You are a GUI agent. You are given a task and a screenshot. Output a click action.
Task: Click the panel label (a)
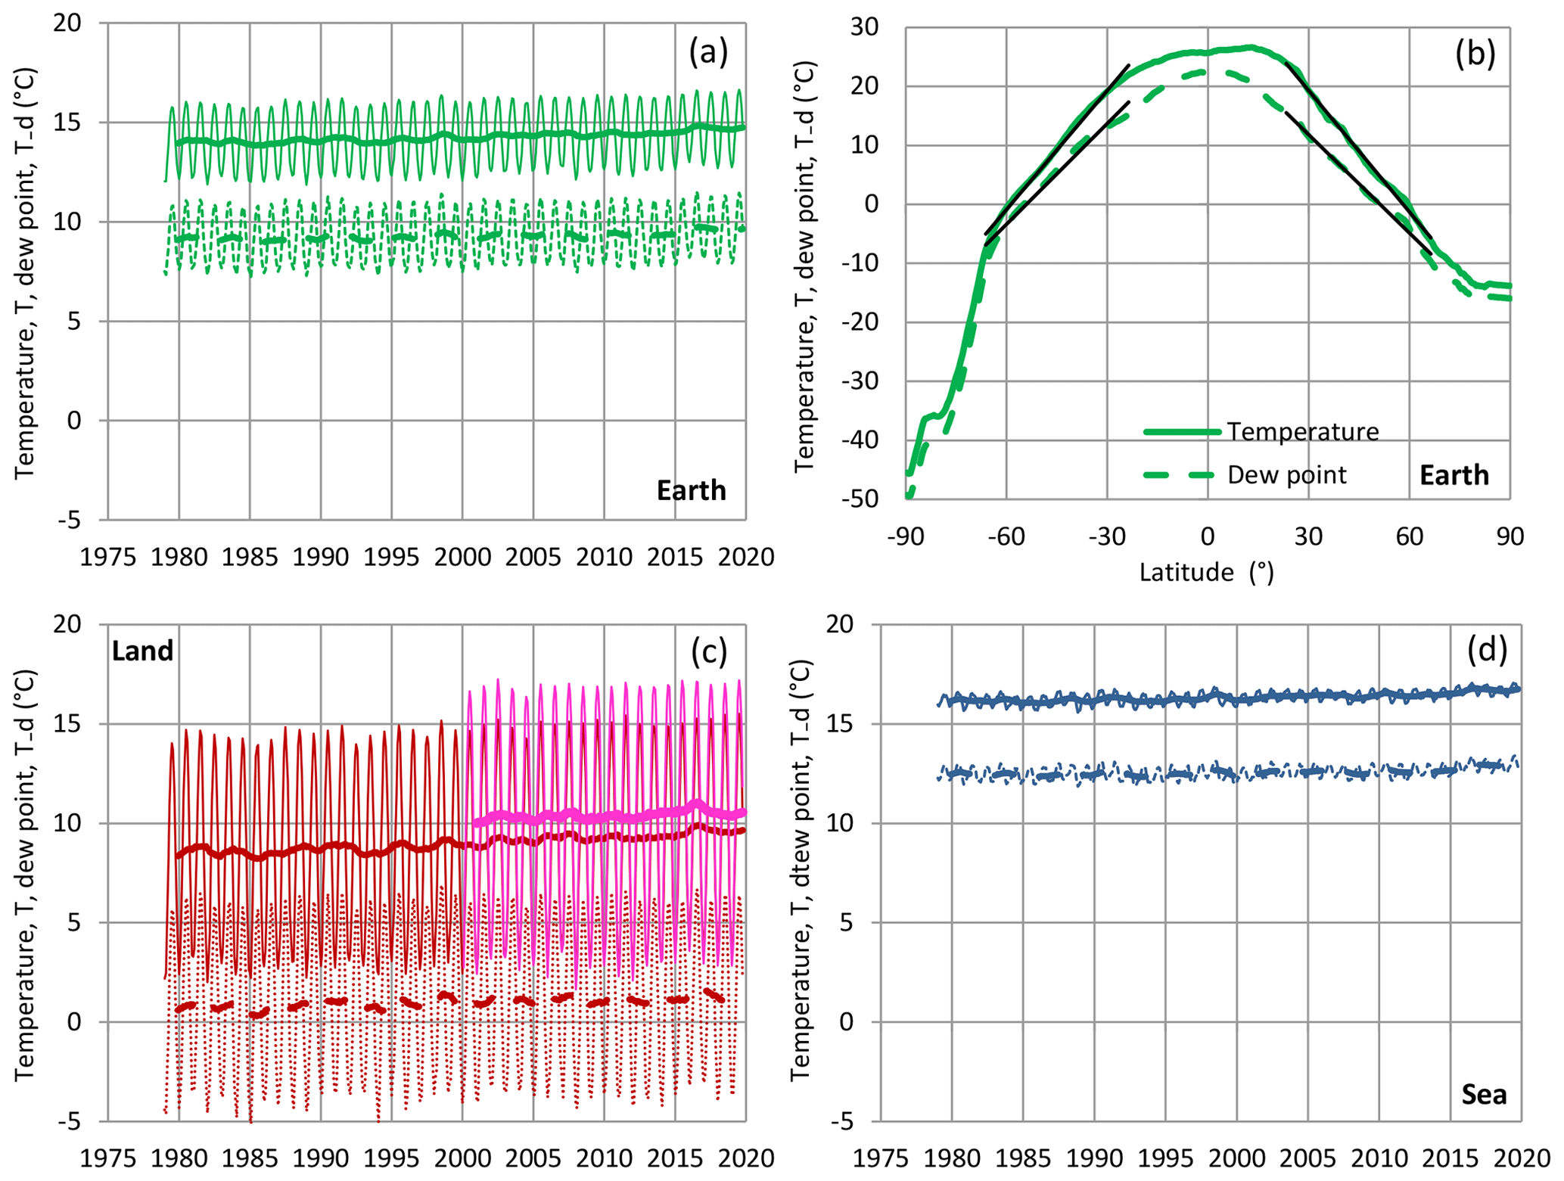(x=708, y=52)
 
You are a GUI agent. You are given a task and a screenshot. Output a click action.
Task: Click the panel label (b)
(x=1475, y=54)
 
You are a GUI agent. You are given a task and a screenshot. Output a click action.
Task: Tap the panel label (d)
(x=1487, y=650)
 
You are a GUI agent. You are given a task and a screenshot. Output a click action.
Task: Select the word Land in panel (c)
(x=143, y=651)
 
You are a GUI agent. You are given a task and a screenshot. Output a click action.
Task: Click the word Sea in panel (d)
(x=1484, y=1094)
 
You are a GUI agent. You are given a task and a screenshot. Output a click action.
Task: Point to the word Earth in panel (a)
(x=691, y=490)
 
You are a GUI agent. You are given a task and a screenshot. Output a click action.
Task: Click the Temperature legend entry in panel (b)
(x=1302, y=431)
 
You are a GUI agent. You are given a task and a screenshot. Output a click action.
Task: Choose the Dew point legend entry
(x=1286, y=474)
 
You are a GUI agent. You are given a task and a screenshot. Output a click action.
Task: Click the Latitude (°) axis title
(x=1207, y=572)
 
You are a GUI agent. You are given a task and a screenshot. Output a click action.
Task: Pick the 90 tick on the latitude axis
(x=1510, y=536)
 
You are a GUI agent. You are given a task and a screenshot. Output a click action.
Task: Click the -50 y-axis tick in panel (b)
(x=861, y=499)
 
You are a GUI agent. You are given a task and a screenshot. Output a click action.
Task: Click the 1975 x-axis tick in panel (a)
(x=107, y=557)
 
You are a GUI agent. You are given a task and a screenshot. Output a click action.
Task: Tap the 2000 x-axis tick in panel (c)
(x=462, y=1158)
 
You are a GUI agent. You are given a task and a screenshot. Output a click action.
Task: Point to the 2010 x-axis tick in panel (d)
(x=1379, y=1158)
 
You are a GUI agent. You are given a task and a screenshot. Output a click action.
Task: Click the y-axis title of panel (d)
(x=801, y=870)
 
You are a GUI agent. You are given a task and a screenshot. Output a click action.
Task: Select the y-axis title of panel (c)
(x=26, y=874)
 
